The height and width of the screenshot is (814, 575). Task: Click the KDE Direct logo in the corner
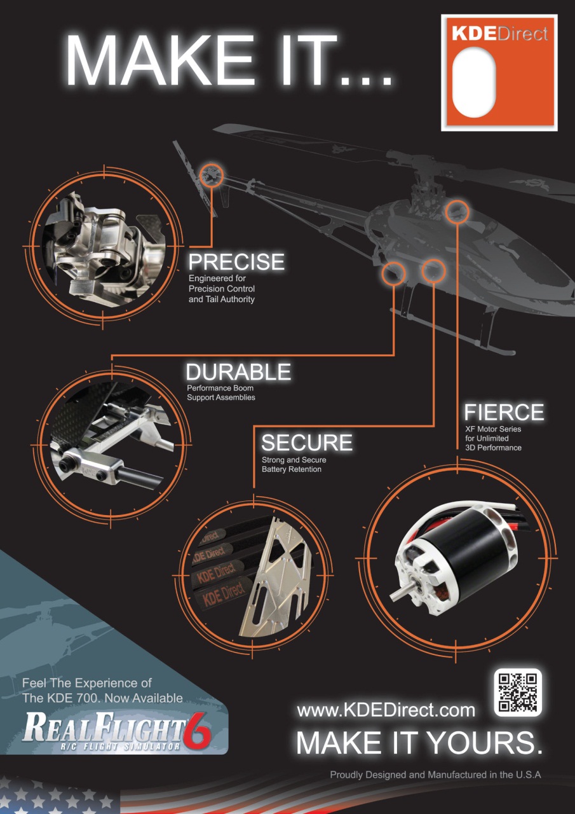point(499,73)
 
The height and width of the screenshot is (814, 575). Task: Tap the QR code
point(518,692)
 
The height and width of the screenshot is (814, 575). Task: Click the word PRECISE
point(236,262)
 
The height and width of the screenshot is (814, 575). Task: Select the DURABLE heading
point(238,372)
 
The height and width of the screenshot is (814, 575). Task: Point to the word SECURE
point(306,443)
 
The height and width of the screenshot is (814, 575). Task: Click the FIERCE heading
point(504,412)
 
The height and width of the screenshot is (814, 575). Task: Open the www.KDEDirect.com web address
point(386,710)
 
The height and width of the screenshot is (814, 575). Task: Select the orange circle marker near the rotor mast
point(457,210)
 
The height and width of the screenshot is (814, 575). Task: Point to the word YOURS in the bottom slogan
point(485,743)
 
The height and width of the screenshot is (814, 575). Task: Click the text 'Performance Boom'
point(220,388)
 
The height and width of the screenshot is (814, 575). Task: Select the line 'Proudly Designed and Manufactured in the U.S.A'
point(435,775)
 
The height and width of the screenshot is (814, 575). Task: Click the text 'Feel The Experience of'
point(87,683)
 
